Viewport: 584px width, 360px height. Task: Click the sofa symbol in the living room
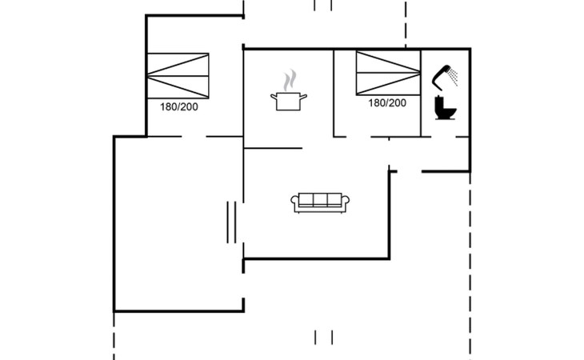[x=320, y=203]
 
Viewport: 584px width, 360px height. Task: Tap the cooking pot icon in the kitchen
[x=289, y=102]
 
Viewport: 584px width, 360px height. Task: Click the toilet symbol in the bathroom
[x=446, y=108]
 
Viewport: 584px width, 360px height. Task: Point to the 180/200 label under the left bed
[x=178, y=107]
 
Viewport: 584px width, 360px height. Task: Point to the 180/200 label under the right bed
[x=387, y=103]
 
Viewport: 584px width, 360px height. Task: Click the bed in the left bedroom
[x=178, y=76]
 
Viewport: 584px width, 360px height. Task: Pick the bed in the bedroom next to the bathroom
[x=388, y=73]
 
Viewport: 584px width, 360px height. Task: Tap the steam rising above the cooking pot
[x=290, y=80]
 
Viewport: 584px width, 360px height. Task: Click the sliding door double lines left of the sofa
[x=231, y=222]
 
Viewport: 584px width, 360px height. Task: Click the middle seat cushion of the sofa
[x=320, y=199]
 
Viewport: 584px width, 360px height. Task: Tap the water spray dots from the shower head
[x=454, y=76]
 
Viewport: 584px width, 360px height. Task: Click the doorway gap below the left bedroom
[x=194, y=137]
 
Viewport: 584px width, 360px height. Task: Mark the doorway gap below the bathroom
[x=443, y=137]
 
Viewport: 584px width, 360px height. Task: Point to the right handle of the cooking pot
[x=303, y=97]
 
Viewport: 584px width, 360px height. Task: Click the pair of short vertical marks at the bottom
[x=323, y=338]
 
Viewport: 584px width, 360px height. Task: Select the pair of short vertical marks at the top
[x=323, y=6]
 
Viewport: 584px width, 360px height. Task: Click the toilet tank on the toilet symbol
[x=438, y=102]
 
